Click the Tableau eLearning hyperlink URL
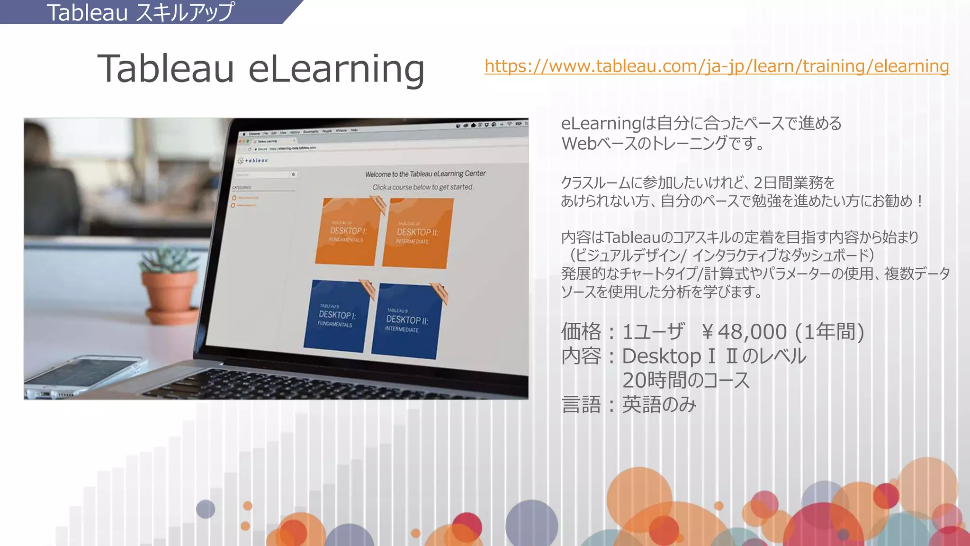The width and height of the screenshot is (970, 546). (717, 66)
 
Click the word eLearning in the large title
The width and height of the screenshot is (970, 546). (336, 69)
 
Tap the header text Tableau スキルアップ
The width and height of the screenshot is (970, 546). (140, 12)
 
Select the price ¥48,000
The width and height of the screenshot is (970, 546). (744, 332)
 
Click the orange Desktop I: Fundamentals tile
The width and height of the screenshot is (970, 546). (348, 232)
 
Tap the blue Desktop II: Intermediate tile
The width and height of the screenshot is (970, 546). (406, 321)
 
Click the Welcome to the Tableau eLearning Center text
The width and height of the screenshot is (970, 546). (425, 174)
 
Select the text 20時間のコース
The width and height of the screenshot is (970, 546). (685, 380)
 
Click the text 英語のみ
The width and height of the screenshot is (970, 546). (659, 405)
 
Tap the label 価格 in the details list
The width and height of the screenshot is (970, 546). (581, 332)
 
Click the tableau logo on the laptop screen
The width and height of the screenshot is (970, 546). (254, 161)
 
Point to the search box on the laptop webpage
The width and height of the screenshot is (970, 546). (263, 175)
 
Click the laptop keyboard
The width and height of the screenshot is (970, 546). (332, 384)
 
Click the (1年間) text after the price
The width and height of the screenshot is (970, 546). (830, 332)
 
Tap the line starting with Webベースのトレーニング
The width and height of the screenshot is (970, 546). (663, 143)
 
